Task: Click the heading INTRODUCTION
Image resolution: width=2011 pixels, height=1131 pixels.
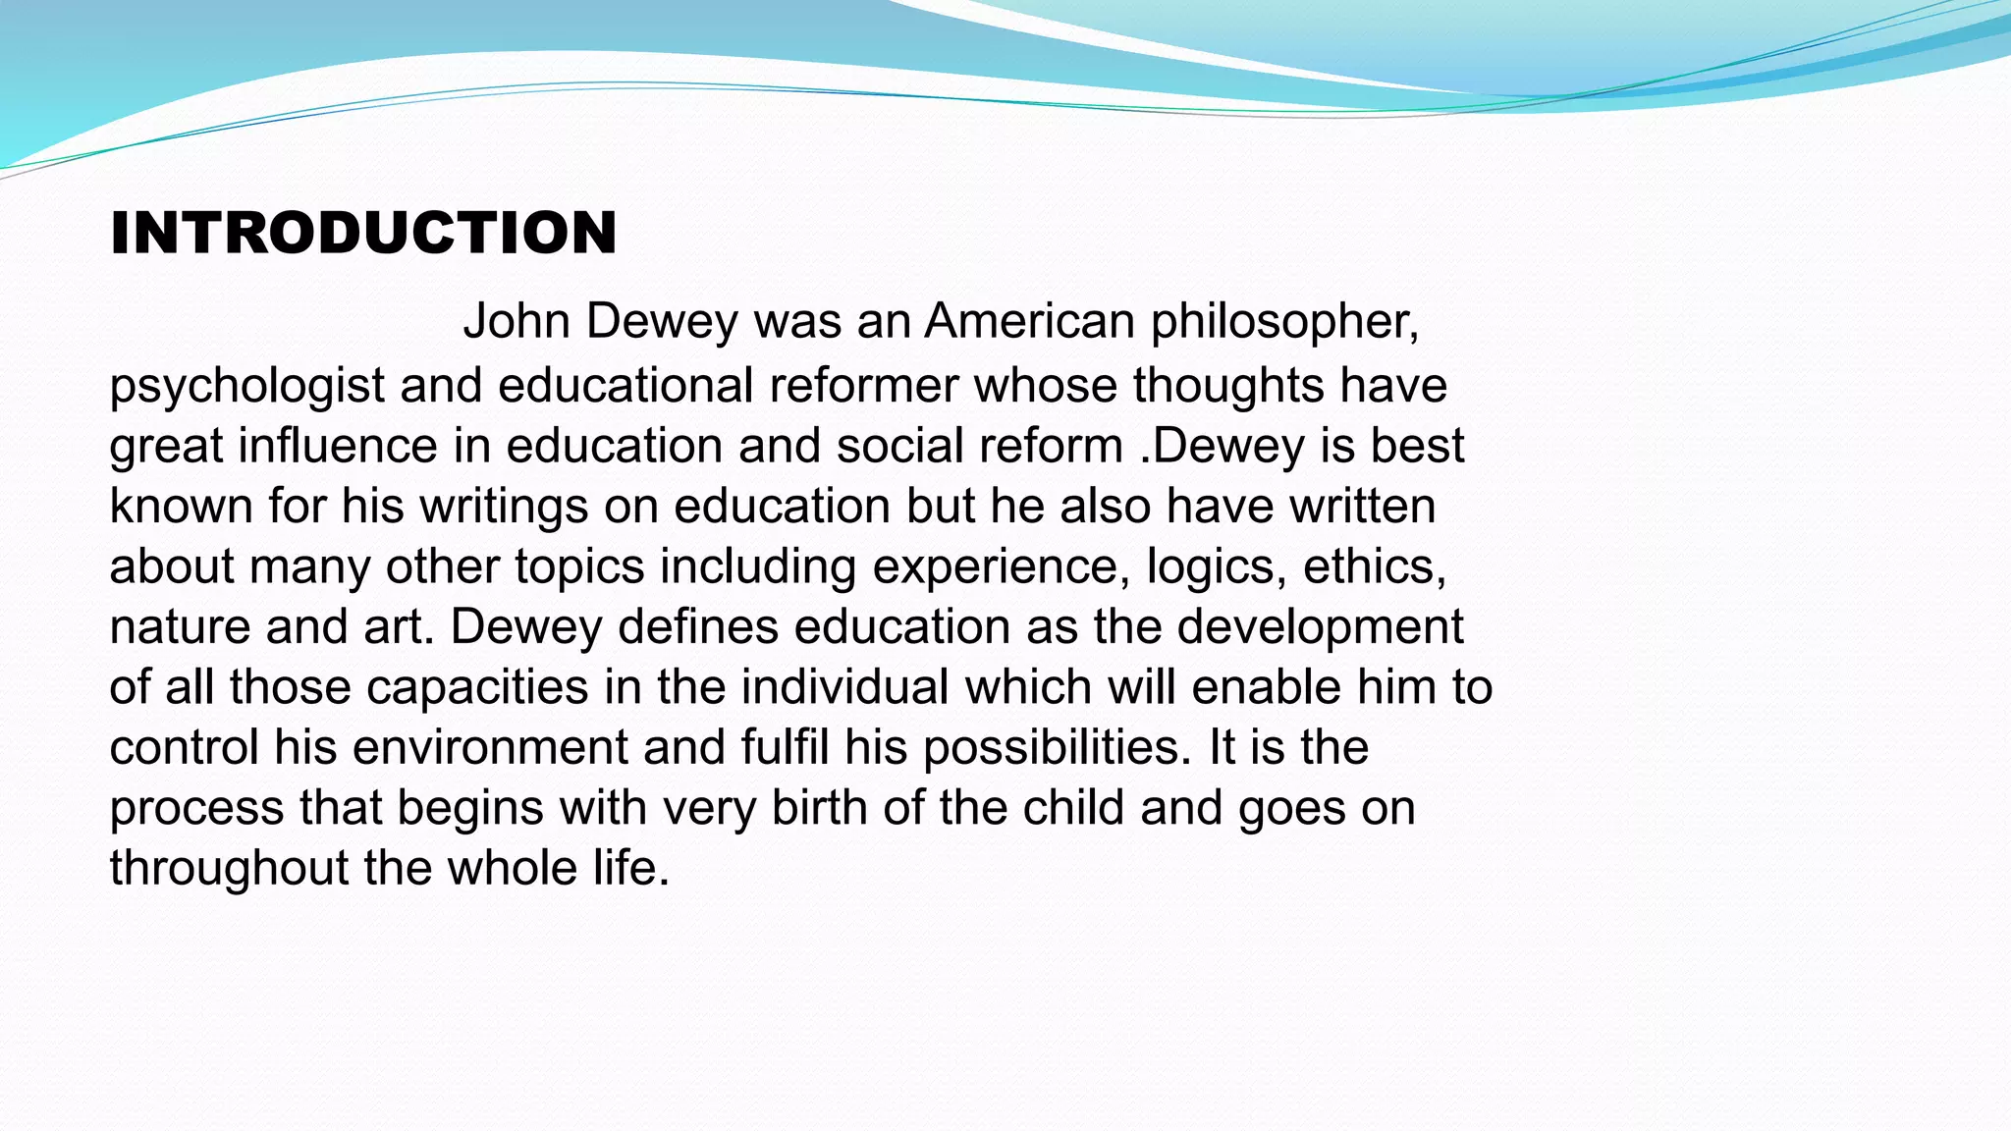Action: [x=363, y=234]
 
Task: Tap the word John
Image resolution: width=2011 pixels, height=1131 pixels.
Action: [x=516, y=321]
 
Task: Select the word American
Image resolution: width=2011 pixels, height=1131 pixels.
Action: [x=1029, y=321]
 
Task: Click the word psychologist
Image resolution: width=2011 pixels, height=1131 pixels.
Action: [x=246, y=386]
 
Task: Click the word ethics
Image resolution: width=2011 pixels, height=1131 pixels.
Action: [x=1374, y=566]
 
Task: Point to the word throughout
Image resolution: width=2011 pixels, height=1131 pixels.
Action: [x=229, y=869]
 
